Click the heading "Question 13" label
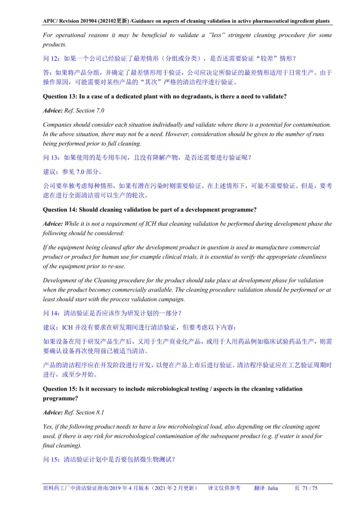[x=60, y=97]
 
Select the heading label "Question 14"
[x=60, y=210]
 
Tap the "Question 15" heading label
[x=60, y=389]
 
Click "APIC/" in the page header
[x=50, y=21]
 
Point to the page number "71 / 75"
[x=310, y=488]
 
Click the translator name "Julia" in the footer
[x=272, y=488]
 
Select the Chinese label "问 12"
[x=51, y=59]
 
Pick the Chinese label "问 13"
[x=51, y=158]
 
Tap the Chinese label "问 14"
[x=51, y=313]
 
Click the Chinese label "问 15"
[x=51, y=460]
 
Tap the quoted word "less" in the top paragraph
[x=217, y=35]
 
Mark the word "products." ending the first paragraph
[x=55, y=45]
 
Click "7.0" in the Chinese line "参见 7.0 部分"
[x=80, y=172]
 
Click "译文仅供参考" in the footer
[x=224, y=488]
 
